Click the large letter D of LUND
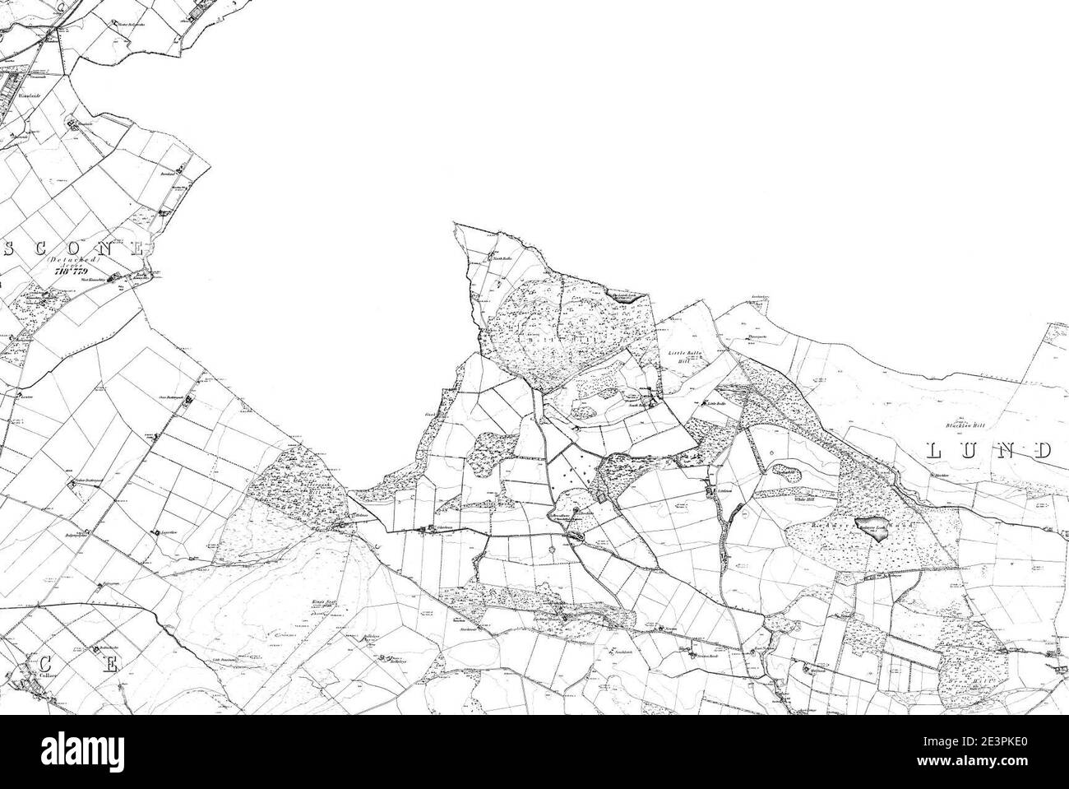[1042, 450]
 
